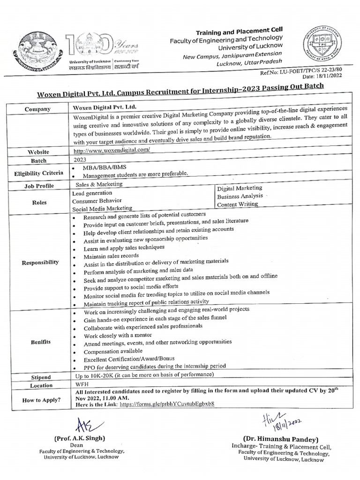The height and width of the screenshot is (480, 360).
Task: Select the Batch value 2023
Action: point(81,159)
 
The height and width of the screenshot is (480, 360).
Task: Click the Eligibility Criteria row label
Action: point(38,173)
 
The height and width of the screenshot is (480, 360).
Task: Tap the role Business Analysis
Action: point(240,196)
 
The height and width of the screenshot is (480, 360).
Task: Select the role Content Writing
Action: point(237,204)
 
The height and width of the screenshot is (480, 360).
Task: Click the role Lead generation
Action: point(92,193)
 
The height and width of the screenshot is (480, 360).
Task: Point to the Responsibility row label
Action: point(40,262)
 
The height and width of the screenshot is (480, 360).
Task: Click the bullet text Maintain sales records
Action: point(111,255)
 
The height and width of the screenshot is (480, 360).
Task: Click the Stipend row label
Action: point(41,376)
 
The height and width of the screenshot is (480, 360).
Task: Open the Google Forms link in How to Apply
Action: point(167,404)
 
